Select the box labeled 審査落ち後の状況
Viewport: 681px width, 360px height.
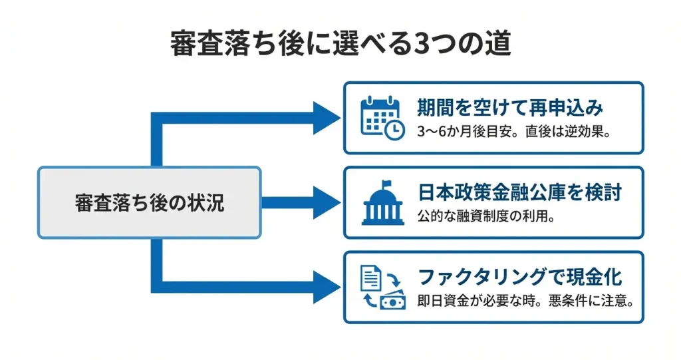[149, 202]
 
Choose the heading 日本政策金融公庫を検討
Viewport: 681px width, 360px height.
[519, 193]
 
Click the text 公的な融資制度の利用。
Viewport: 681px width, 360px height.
[486, 216]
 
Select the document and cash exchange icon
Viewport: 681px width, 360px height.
[382, 287]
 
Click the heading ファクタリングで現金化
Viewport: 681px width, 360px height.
[519, 277]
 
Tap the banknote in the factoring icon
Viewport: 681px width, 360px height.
[392, 301]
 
